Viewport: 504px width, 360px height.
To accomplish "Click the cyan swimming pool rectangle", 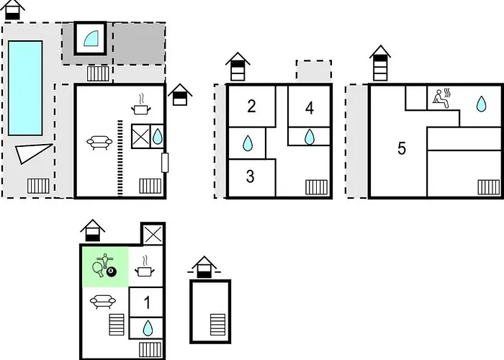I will coord(25,86).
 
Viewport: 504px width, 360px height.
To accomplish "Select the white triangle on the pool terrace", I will coord(35,153).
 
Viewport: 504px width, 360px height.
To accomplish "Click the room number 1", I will coord(147,302).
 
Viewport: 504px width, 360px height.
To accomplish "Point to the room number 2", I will coord(251,107).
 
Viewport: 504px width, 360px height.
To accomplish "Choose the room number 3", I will coord(251,176).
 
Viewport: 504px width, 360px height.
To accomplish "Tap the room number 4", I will coord(310,108).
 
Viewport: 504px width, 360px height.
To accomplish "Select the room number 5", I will coord(402,149).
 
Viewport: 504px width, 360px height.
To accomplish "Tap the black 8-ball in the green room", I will coord(111,271).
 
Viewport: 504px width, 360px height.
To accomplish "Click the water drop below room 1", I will coord(148,328).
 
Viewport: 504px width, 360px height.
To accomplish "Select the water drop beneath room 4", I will coord(310,136).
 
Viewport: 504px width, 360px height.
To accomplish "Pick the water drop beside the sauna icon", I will coord(481,104).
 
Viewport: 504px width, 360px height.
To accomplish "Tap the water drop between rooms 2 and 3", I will coord(248,143).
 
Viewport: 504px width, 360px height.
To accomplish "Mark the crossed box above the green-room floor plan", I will coord(152,235).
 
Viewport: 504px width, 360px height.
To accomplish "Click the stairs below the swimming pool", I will coord(39,185).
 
